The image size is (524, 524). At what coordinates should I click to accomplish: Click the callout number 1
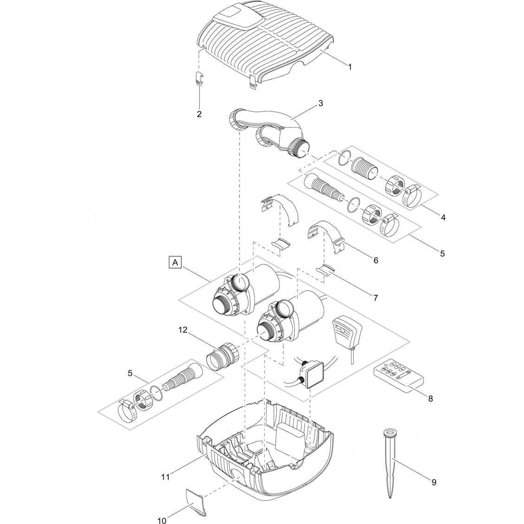(350, 66)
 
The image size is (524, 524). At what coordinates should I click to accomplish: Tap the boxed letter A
(175, 263)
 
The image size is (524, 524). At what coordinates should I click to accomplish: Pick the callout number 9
(433, 482)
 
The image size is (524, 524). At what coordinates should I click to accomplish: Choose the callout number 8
(430, 398)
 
